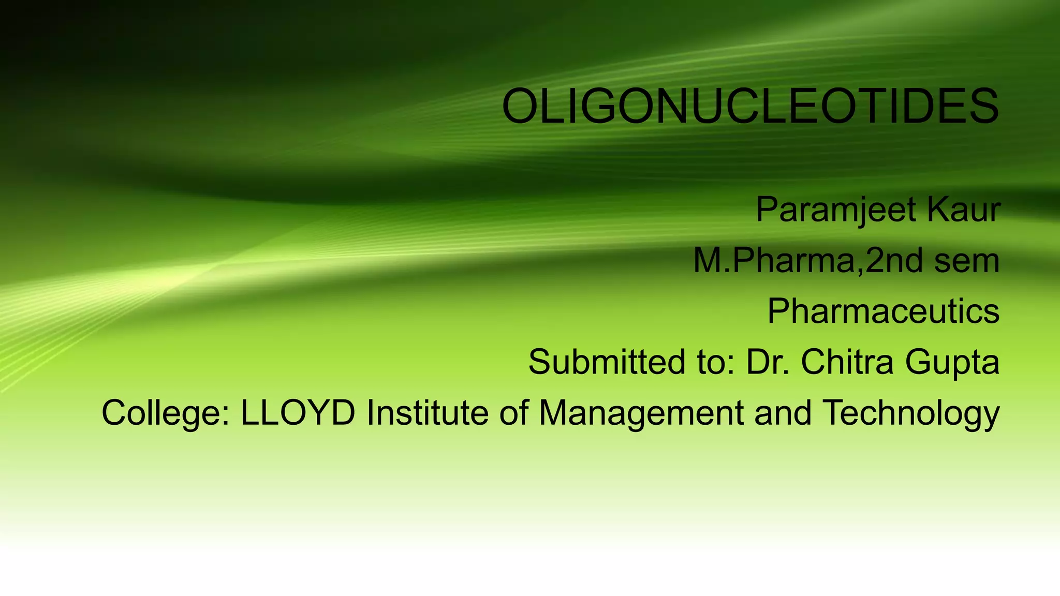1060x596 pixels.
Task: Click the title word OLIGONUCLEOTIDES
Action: tap(750, 107)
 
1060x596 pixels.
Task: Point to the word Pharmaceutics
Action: tap(883, 311)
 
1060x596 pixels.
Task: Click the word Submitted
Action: tap(606, 362)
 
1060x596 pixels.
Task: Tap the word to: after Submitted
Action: tap(716, 362)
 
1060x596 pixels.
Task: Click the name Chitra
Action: tap(847, 362)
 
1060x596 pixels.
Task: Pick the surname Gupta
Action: tap(952, 363)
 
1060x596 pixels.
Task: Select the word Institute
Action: tap(428, 412)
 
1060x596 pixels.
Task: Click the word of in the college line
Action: tap(513, 412)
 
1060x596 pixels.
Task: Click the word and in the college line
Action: tap(783, 412)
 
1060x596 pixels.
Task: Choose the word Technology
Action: tap(911, 413)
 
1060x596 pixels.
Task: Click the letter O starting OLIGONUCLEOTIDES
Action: tap(520, 107)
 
